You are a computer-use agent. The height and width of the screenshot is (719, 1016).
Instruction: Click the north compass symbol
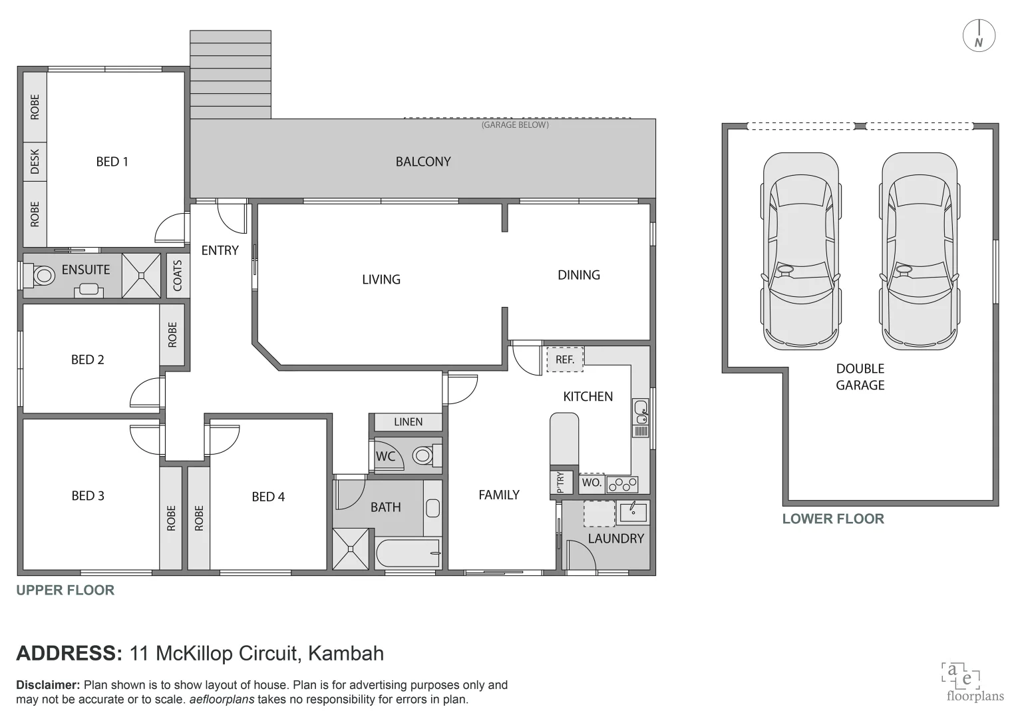pos(979,36)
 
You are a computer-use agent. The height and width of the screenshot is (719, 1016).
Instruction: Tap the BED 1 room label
pos(112,162)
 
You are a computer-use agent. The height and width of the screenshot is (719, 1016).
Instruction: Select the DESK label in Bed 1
pos(35,161)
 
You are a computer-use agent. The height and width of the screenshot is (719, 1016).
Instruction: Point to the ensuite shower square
pos(142,276)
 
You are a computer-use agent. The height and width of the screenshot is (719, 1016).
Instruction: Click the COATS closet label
pos(178,276)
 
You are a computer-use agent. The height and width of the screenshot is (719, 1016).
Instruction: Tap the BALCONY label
pos(423,162)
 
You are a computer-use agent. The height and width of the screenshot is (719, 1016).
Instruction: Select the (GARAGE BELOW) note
pos(515,124)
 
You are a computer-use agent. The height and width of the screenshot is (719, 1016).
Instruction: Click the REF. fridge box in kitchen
pos(565,359)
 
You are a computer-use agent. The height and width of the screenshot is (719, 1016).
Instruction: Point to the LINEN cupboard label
pos(408,422)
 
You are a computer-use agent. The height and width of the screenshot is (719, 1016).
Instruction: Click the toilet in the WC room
pos(424,456)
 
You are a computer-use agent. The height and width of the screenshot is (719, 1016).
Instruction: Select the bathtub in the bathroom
pos(407,553)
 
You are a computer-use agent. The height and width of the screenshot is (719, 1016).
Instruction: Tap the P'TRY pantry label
pos(560,483)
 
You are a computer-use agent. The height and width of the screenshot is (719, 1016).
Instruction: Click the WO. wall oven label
pos(592,483)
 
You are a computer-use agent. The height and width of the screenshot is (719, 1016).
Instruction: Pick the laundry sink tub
pos(633,512)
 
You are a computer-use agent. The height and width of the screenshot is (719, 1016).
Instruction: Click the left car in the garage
pos(798,251)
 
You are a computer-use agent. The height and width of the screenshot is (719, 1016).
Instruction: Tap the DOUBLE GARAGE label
pos(860,377)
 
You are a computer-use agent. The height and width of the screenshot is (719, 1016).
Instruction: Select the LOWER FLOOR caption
pos(832,519)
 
